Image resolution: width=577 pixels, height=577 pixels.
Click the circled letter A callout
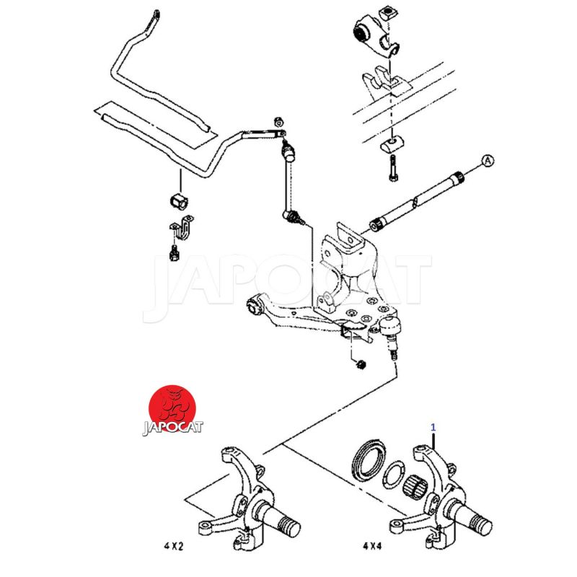(x=488, y=161)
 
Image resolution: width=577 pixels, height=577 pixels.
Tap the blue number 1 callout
(x=433, y=427)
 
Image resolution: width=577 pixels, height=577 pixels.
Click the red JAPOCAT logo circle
(x=172, y=408)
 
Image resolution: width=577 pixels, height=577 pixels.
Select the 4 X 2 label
(x=173, y=546)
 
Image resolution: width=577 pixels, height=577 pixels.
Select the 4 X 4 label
(x=372, y=546)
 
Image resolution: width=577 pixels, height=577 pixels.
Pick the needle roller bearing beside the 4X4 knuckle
(x=414, y=488)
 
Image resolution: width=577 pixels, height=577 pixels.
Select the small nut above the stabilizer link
(x=279, y=121)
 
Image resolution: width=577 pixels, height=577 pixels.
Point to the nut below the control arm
(x=361, y=364)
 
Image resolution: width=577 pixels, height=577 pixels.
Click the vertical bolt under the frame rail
(x=393, y=168)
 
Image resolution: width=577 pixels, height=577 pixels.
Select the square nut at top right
(x=387, y=14)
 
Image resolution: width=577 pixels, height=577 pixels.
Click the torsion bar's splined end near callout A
(x=458, y=178)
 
